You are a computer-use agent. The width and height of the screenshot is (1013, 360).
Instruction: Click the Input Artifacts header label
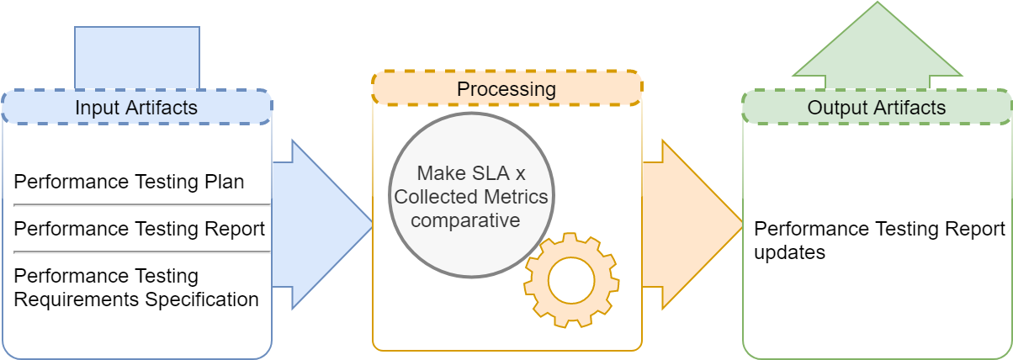pyautogui.click(x=136, y=108)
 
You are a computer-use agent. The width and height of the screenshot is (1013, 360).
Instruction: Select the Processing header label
pyautogui.click(x=506, y=89)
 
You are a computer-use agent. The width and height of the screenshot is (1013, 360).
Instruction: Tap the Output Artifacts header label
pyautogui.click(x=877, y=108)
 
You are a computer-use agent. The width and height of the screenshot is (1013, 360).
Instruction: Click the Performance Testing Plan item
pyautogui.click(x=129, y=182)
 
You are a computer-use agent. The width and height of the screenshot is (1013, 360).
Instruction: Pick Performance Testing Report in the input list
pyautogui.click(x=140, y=229)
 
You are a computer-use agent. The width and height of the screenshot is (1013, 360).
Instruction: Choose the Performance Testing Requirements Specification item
pyautogui.click(x=136, y=288)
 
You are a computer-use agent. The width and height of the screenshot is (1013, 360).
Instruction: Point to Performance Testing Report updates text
pyautogui.click(x=879, y=241)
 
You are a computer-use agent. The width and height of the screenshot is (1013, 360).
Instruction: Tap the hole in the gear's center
pyautogui.click(x=571, y=280)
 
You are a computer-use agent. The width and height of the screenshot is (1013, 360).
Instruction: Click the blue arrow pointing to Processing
pyautogui.click(x=322, y=225)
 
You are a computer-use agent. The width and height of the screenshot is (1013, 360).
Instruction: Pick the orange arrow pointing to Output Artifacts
pyautogui.click(x=692, y=225)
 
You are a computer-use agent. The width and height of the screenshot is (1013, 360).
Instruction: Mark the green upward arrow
pyautogui.click(x=878, y=45)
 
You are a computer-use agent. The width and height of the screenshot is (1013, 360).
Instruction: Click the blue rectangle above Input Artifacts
pyautogui.click(x=137, y=58)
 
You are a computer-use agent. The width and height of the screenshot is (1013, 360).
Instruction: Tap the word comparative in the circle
pyautogui.click(x=465, y=220)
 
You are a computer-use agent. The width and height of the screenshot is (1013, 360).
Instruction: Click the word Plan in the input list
pyautogui.click(x=225, y=182)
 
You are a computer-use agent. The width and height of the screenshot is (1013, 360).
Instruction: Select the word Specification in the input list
pyautogui.click(x=202, y=299)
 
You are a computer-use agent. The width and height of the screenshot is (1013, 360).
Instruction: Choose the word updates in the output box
pyautogui.click(x=789, y=252)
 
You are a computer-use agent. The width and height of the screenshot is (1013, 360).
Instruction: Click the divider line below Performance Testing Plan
pyautogui.click(x=142, y=205)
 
